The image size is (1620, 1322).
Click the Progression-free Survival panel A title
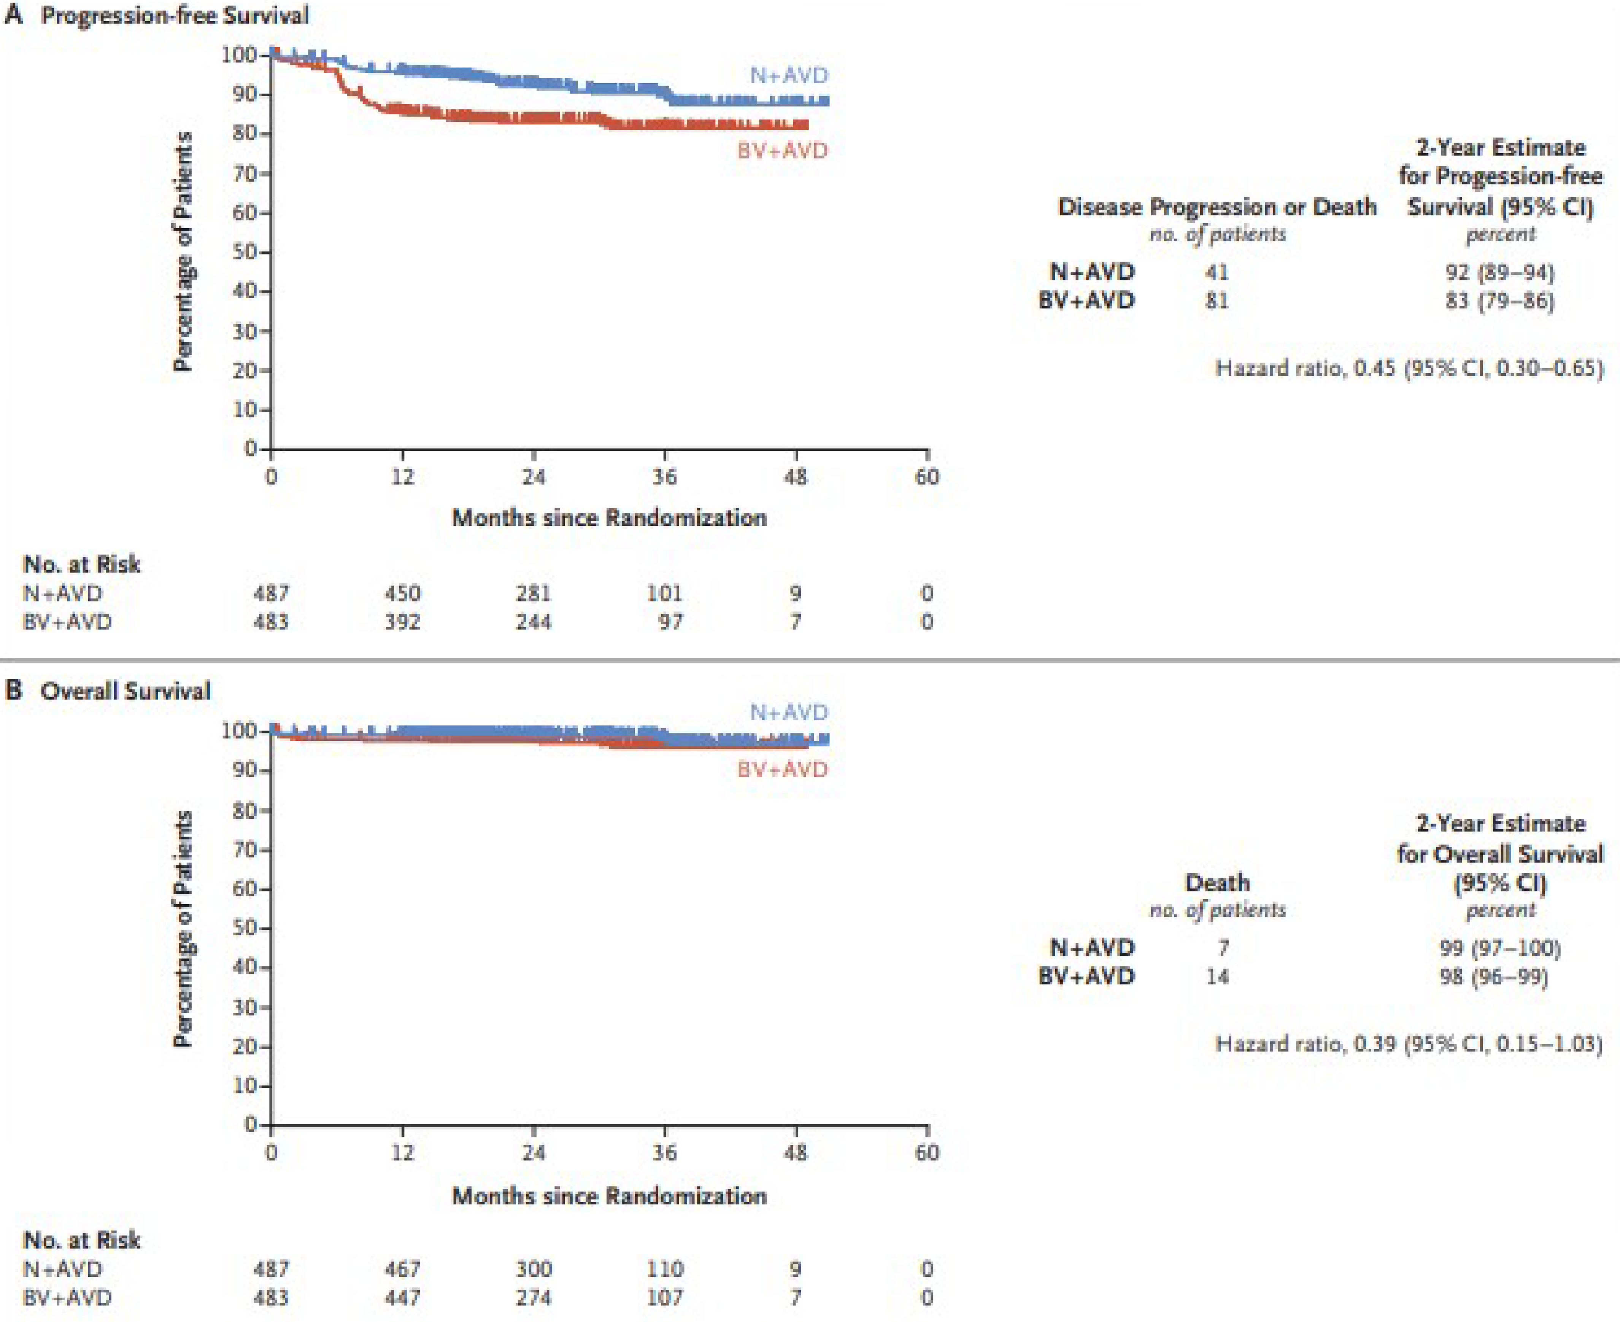174,15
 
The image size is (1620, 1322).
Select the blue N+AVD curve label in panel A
789,75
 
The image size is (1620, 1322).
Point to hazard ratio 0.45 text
1408,369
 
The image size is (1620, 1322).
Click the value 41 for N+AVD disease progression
1217,272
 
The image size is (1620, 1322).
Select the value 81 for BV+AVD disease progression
1217,301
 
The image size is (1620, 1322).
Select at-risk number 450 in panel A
402,593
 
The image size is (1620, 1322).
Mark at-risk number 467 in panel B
402,1269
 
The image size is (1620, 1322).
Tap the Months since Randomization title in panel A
609,518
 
